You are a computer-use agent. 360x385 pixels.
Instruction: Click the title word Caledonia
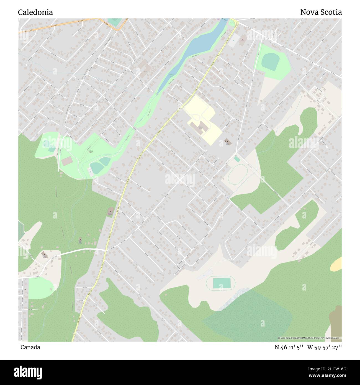tap(35, 12)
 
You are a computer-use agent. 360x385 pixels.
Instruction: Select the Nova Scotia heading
tap(321, 12)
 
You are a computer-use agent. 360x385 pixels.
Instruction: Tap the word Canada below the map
tap(30, 347)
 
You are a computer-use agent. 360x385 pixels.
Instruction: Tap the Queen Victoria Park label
tap(91, 151)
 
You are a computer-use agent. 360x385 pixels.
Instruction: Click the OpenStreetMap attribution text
tap(310, 338)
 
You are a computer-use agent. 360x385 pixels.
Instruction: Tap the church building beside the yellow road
tap(110, 212)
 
